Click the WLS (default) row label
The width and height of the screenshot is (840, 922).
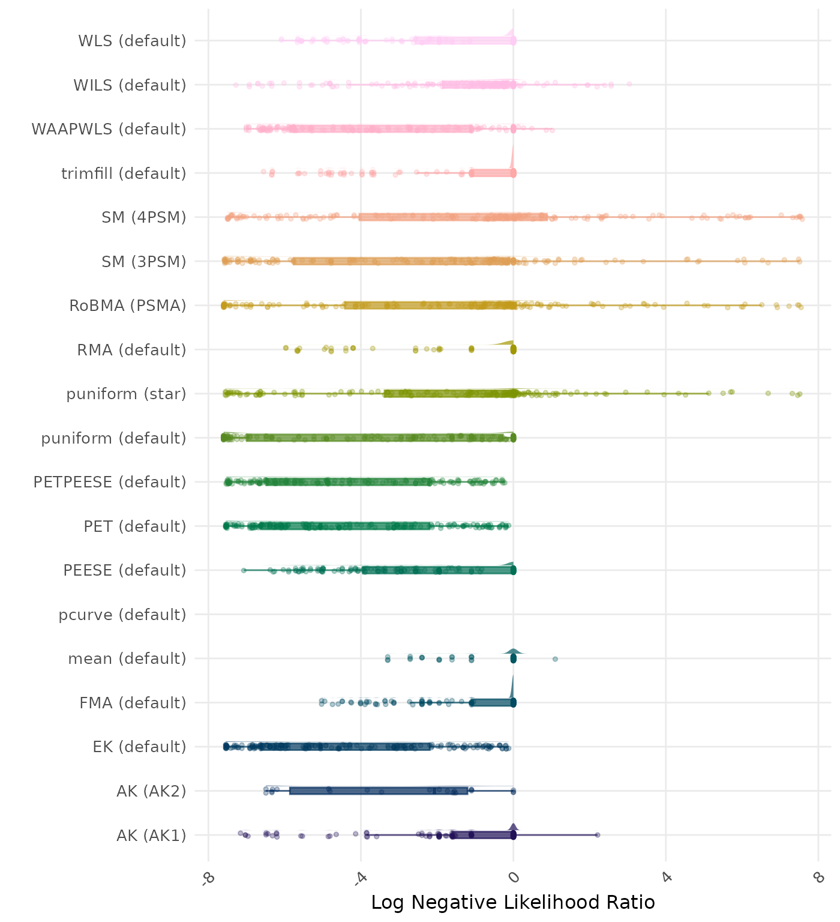pyautogui.click(x=132, y=41)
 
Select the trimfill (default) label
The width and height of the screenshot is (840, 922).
pyautogui.click(x=124, y=173)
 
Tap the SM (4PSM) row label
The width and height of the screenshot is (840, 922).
pyautogui.click(x=144, y=217)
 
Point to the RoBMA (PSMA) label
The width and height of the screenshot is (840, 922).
pyautogui.click(x=128, y=306)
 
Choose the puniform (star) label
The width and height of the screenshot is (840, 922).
pyautogui.click(x=126, y=394)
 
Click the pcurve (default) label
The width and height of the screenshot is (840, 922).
pyautogui.click(x=122, y=615)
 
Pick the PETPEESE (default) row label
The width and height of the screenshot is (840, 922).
pyautogui.click(x=110, y=482)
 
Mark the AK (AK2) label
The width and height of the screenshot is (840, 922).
pyautogui.click(x=151, y=791)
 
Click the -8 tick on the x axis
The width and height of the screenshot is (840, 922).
pyautogui.click(x=208, y=878)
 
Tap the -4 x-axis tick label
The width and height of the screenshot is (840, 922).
pyautogui.click(x=360, y=878)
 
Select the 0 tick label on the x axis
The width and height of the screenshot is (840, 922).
pyautogui.click(x=514, y=878)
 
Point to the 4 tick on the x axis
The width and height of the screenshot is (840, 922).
pyautogui.click(x=666, y=878)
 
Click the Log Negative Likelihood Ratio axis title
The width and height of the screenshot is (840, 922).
pyautogui.click(x=513, y=902)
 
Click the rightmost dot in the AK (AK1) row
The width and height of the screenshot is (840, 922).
pyautogui.click(x=598, y=835)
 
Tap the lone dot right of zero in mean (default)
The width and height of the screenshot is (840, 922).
pyautogui.click(x=555, y=659)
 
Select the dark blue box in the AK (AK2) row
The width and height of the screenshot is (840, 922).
pyautogui.click(x=378, y=791)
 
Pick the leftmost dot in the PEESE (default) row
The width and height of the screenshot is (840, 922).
pyautogui.click(x=244, y=570)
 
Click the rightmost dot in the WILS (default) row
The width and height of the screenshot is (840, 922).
pyautogui.click(x=629, y=84)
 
